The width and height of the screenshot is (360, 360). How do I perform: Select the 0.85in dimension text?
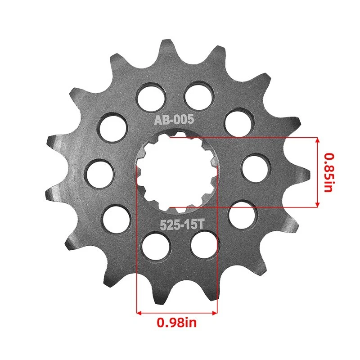coord(329,172)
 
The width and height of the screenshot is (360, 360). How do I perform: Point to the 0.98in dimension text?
coord(177,322)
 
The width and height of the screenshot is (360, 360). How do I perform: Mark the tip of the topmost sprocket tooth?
coord(166,43)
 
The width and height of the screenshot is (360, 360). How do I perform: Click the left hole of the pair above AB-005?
coord(151,95)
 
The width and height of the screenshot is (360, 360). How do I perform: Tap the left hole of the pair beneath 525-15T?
coord(156,246)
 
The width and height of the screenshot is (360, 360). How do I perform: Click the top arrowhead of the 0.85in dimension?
coord(317,140)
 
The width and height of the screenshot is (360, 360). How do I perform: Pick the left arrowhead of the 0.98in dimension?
coord(139,312)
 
